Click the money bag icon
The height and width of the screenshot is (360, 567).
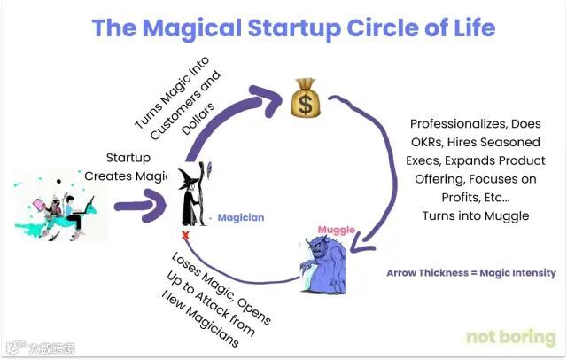coord(307,98)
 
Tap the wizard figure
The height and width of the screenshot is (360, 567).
coord(190,194)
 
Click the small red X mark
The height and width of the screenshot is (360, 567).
coord(185,235)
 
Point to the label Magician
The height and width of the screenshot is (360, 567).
coord(242,217)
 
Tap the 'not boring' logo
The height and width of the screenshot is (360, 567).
coord(510,338)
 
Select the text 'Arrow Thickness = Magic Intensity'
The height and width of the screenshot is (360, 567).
coord(470,273)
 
